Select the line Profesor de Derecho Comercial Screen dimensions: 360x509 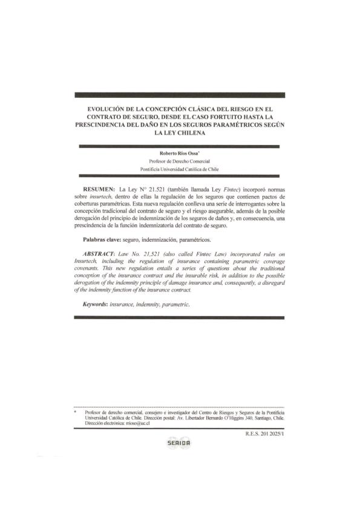[179, 161]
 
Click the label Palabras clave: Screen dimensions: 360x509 [101, 240]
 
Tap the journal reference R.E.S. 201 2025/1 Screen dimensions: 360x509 [264, 433]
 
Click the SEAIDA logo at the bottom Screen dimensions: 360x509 [178, 443]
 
